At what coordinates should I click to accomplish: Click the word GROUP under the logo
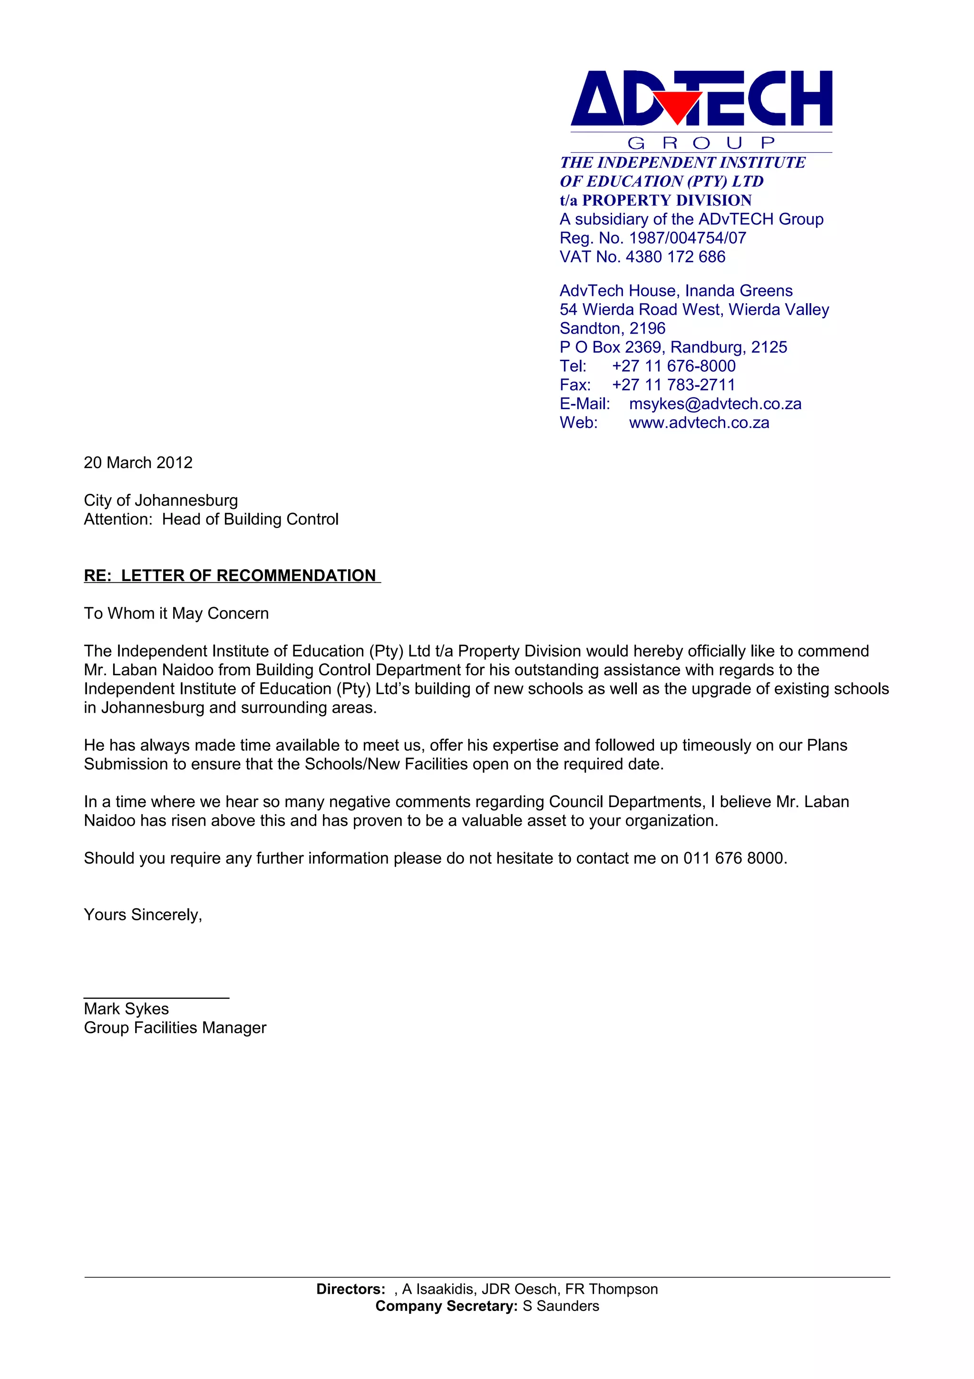click(x=701, y=143)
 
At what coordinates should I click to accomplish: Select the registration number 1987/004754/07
click(x=687, y=238)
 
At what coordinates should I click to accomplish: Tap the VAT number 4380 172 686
click(x=675, y=257)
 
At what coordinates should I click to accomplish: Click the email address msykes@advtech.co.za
click(x=715, y=404)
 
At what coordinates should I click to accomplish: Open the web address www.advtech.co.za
click(x=699, y=423)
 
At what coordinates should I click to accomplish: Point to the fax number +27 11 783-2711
click(x=673, y=385)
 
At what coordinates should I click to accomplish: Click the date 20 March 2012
click(x=138, y=463)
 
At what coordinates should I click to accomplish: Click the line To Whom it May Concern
click(x=176, y=613)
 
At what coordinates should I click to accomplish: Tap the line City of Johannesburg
click(x=161, y=500)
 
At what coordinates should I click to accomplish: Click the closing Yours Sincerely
click(x=143, y=915)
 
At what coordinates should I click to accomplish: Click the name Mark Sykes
click(x=126, y=1009)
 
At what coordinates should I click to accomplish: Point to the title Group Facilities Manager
click(x=175, y=1028)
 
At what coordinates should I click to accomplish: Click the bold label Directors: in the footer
click(x=351, y=1289)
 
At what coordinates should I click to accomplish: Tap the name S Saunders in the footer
click(x=561, y=1306)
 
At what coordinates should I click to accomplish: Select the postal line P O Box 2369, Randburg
click(x=673, y=347)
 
